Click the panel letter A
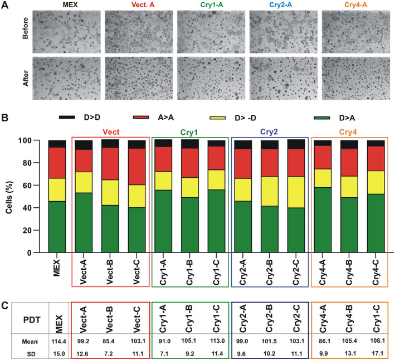6,6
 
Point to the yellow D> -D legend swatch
226,118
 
